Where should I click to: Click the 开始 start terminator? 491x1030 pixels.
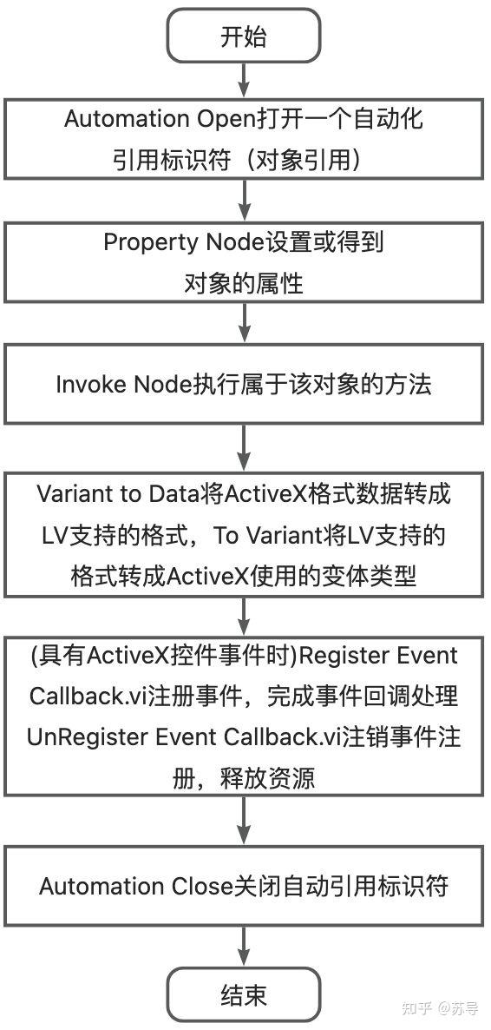coord(244,37)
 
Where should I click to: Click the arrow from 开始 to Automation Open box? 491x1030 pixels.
coord(244,80)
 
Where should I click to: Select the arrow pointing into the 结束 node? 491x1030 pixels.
coord(244,946)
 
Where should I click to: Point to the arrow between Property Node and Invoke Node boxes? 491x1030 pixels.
coord(244,324)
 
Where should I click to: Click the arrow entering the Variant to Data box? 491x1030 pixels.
coord(244,448)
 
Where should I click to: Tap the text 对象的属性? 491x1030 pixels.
coord(244,283)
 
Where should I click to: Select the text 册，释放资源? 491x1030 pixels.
coord(244,778)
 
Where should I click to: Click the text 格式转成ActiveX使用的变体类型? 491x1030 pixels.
coord(244,577)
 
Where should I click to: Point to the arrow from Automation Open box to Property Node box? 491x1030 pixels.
coord(244,201)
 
